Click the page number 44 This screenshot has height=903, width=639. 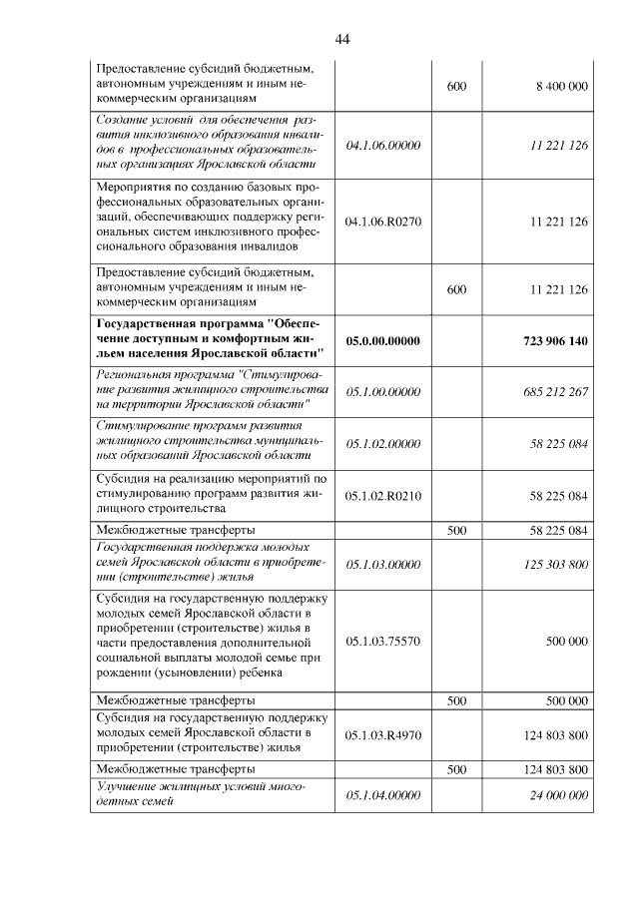coord(342,39)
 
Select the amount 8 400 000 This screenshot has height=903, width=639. coord(561,87)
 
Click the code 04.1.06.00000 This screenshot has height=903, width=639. coord(382,146)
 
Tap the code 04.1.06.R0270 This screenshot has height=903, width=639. coord(382,221)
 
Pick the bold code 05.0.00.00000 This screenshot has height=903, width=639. coord(382,340)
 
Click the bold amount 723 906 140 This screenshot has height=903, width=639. coord(555,340)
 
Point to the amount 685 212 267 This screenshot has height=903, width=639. coord(555,390)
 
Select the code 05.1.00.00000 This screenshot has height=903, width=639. coord(382,390)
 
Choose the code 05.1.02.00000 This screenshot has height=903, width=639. coord(382,442)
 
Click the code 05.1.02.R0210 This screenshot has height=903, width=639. coord(382,495)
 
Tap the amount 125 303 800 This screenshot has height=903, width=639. coord(555,564)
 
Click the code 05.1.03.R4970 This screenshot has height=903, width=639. coord(382,735)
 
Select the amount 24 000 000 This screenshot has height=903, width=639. coord(558,794)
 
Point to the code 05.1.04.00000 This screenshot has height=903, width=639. coord(382,794)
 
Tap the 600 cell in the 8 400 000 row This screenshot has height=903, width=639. coord(456,87)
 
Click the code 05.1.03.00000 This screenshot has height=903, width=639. coord(382,564)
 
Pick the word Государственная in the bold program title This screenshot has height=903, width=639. coord(147,323)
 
